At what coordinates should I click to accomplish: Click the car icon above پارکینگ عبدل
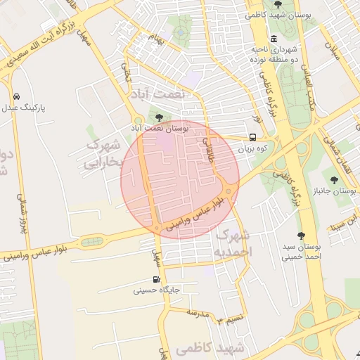point(15,96)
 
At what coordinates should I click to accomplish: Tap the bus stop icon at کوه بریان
point(252,138)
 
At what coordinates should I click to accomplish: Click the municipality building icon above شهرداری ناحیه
point(273,39)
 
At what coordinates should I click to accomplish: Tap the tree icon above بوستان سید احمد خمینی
point(302,236)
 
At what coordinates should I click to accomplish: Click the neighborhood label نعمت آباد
point(159,93)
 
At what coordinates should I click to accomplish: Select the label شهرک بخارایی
point(101,153)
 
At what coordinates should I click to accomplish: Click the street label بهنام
point(157,37)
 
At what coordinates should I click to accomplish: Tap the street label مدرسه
point(197,311)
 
